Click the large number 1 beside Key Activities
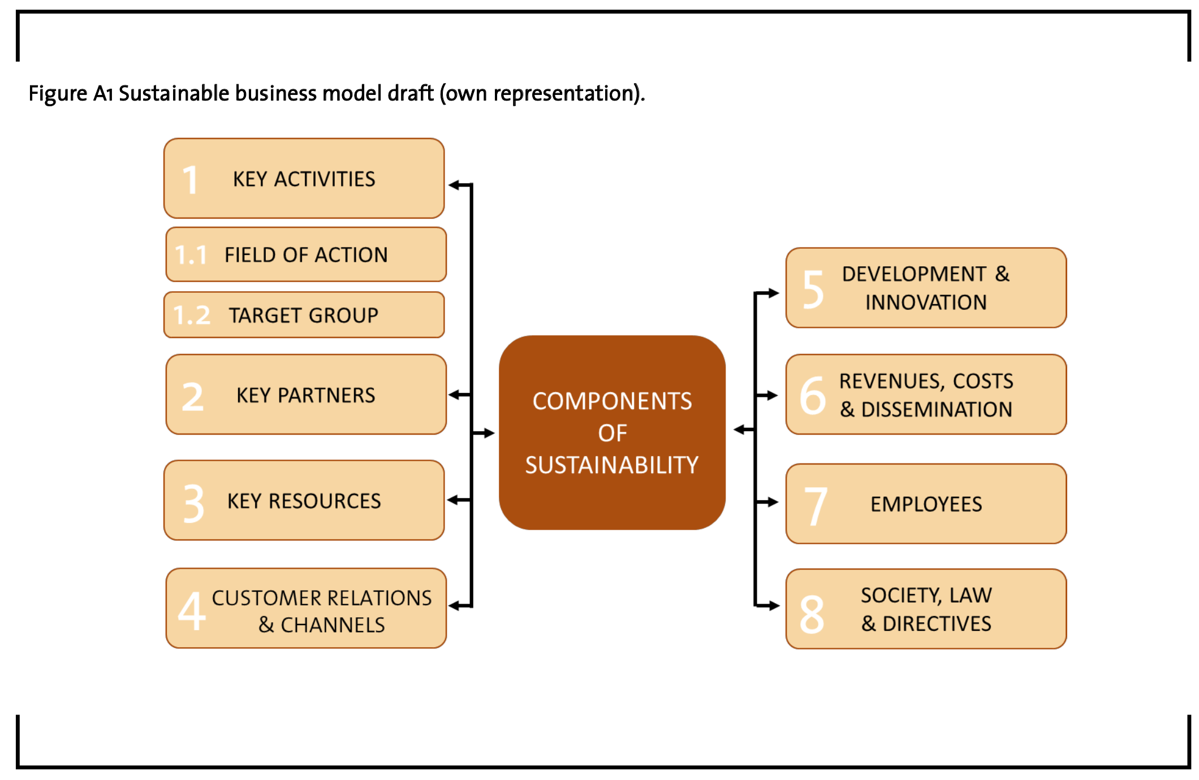[x=190, y=180]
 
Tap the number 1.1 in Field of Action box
[x=191, y=255]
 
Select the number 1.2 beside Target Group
[x=192, y=315]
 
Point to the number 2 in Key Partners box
[x=192, y=396]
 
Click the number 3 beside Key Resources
[x=193, y=503]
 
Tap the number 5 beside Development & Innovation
[x=813, y=289]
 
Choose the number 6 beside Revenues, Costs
[x=813, y=395]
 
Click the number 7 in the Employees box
[x=815, y=506]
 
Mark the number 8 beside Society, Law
[x=812, y=614]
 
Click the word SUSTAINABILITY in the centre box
[x=612, y=465]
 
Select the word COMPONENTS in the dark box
[x=612, y=401]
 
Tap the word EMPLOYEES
[x=926, y=504]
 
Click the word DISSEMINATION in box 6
[x=937, y=409]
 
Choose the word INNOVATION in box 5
[x=926, y=302]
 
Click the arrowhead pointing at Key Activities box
[x=454, y=185]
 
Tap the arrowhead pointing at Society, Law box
[x=774, y=606]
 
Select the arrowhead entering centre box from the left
[x=489, y=434]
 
